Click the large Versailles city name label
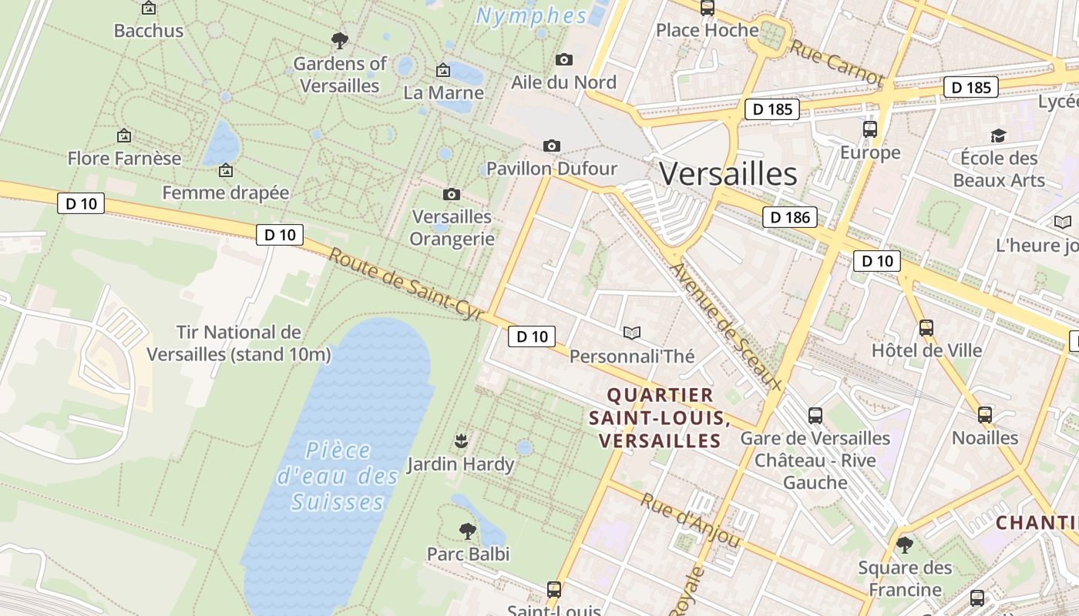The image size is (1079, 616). [728, 174]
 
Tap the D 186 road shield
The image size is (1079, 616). [791, 217]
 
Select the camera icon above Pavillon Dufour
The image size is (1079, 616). [552, 146]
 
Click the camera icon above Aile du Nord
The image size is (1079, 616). [564, 59]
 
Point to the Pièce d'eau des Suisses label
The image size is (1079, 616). [338, 476]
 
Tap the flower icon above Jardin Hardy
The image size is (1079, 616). [461, 440]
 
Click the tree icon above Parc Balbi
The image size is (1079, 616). [467, 531]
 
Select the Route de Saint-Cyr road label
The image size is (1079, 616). [405, 283]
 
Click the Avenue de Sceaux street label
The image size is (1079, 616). [726, 327]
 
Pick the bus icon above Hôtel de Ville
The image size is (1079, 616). [926, 328]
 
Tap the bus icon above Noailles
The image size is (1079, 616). [984, 415]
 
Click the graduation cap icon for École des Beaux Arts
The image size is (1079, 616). [999, 136]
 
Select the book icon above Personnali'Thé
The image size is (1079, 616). [632, 333]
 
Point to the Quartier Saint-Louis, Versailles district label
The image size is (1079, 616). [660, 418]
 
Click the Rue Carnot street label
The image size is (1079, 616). [836, 62]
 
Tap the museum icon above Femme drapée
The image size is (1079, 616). [226, 169]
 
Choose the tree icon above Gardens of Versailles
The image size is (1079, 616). [339, 40]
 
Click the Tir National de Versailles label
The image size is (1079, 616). [238, 343]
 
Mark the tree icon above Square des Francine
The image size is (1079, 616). [904, 545]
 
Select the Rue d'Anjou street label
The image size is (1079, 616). [690, 521]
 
